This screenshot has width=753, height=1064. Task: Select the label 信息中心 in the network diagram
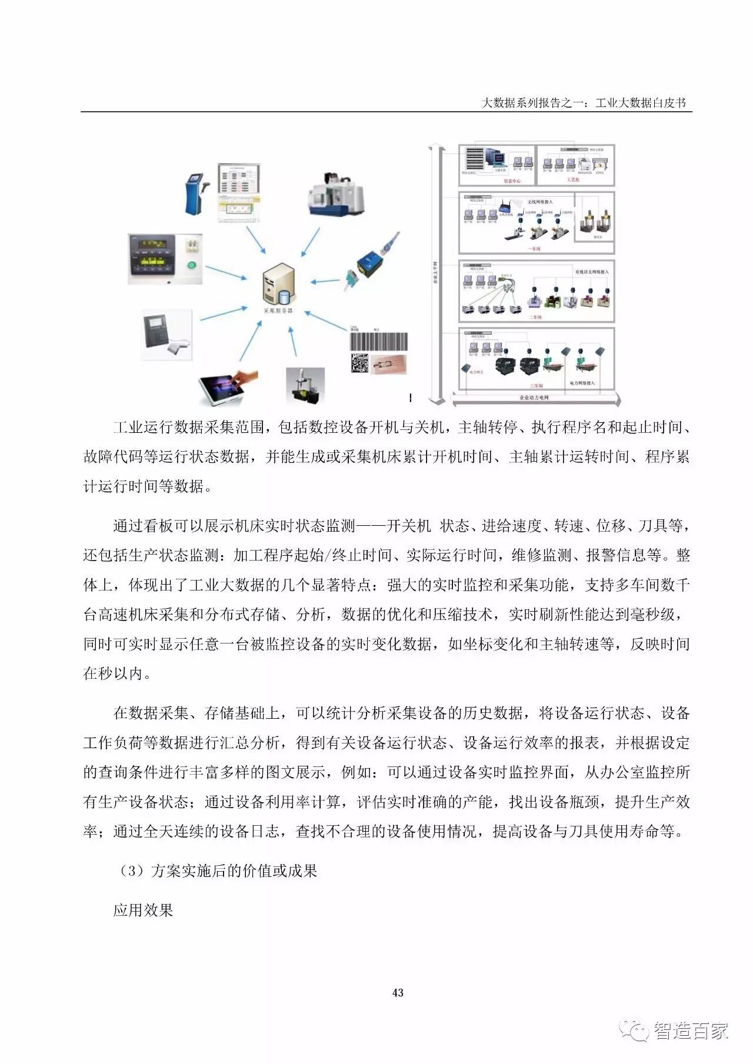pyautogui.click(x=512, y=181)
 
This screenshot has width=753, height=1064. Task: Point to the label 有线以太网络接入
pyautogui.click(x=591, y=272)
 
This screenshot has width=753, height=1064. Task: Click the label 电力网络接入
pyautogui.click(x=582, y=383)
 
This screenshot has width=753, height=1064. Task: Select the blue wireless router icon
pyautogui.click(x=505, y=206)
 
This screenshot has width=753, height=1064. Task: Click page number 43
pyautogui.click(x=398, y=993)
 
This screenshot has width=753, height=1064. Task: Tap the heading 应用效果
pyautogui.click(x=143, y=910)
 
